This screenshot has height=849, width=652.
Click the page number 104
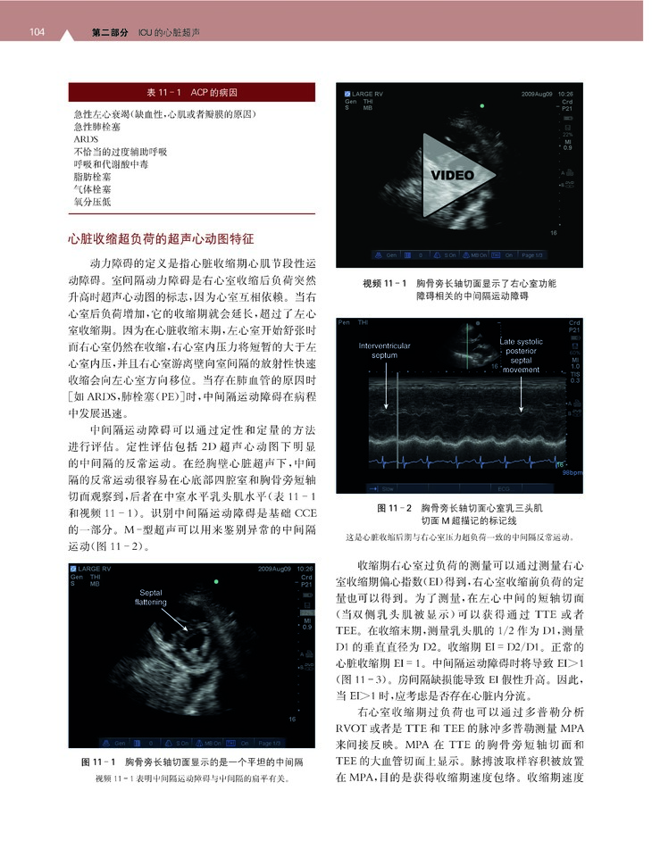(x=37, y=33)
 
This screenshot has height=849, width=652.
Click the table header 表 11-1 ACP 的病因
(x=192, y=93)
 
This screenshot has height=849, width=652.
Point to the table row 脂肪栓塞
(x=93, y=178)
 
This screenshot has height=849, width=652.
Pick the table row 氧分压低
(x=93, y=203)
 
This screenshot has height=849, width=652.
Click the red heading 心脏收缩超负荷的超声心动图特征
(x=162, y=240)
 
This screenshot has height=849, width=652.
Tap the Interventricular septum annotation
(x=385, y=350)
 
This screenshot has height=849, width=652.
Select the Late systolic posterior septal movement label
(x=522, y=355)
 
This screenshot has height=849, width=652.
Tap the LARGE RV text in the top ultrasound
(x=369, y=93)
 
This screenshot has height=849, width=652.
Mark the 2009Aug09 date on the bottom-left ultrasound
(x=276, y=569)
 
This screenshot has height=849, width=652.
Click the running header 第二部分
(x=110, y=33)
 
